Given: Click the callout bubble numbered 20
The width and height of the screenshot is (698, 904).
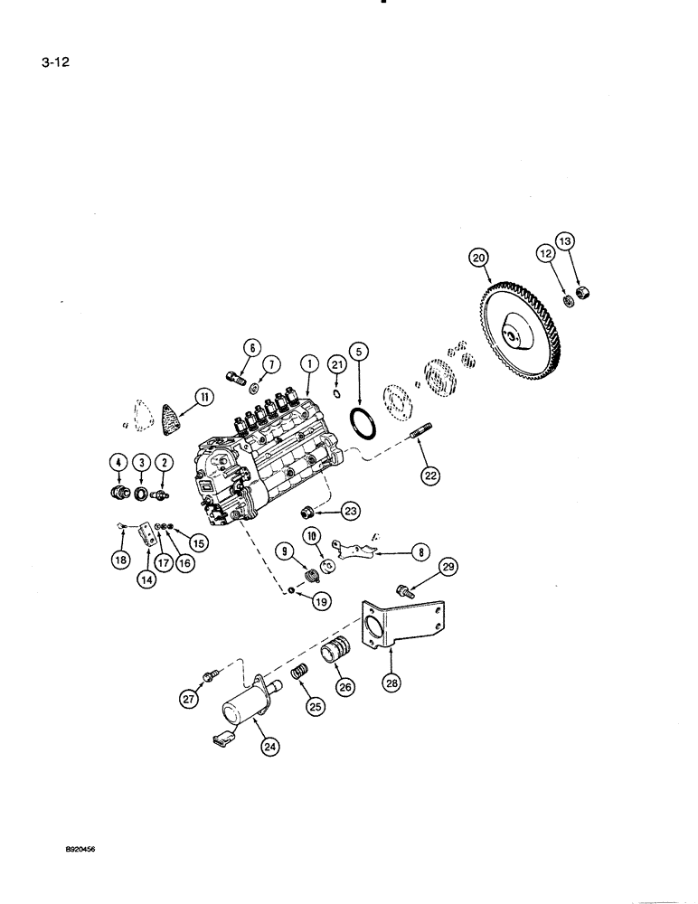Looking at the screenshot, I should (x=478, y=258).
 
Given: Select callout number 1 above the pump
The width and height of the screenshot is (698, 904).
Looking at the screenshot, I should (x=308, y=363).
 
